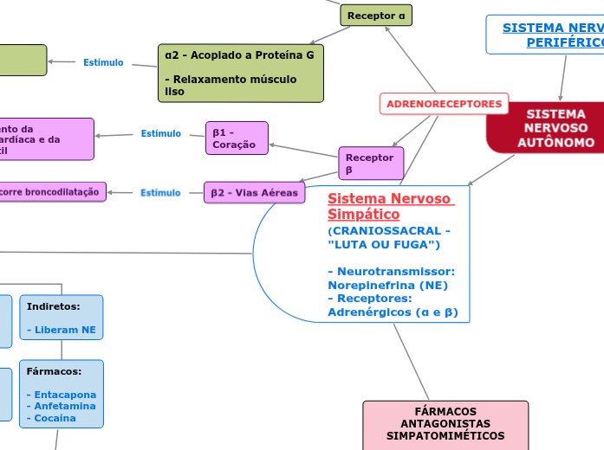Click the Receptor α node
click(376, 16)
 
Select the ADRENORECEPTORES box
click(444, 104)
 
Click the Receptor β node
click(370, 164)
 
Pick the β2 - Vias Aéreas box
click(255, 193)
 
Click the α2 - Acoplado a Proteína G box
click(240, 73)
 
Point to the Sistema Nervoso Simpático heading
click(389, 206)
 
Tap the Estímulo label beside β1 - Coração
click(160, 134)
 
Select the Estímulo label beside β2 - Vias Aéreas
click(160, 193)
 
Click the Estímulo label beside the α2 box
click(103, 62)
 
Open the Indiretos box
click(61, 318)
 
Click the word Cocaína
click(55, 418)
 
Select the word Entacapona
click(65, 395)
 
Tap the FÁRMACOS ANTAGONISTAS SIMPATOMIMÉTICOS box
click(445, 424)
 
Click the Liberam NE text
click(65, 330)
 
